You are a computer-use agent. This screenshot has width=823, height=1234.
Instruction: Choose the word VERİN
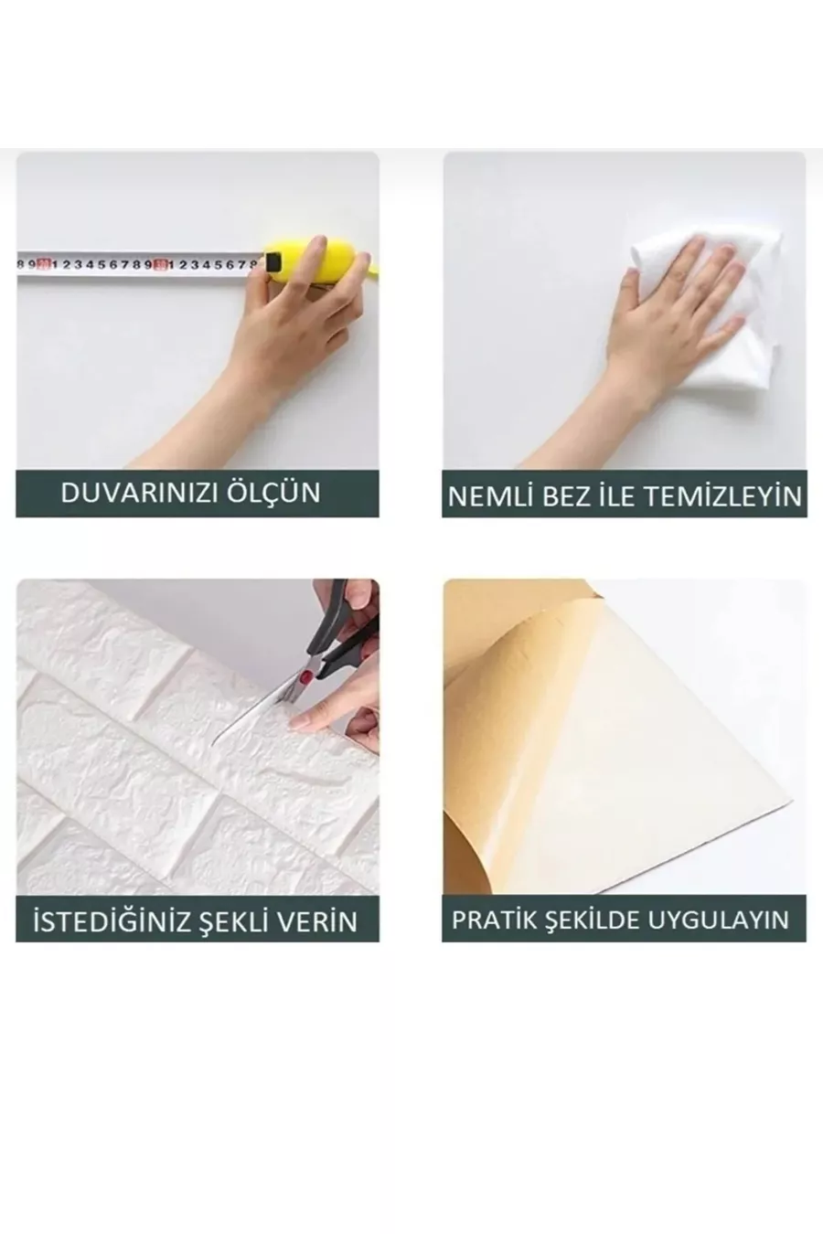[324, 921]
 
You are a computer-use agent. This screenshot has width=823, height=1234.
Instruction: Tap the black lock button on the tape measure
[273, 261]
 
